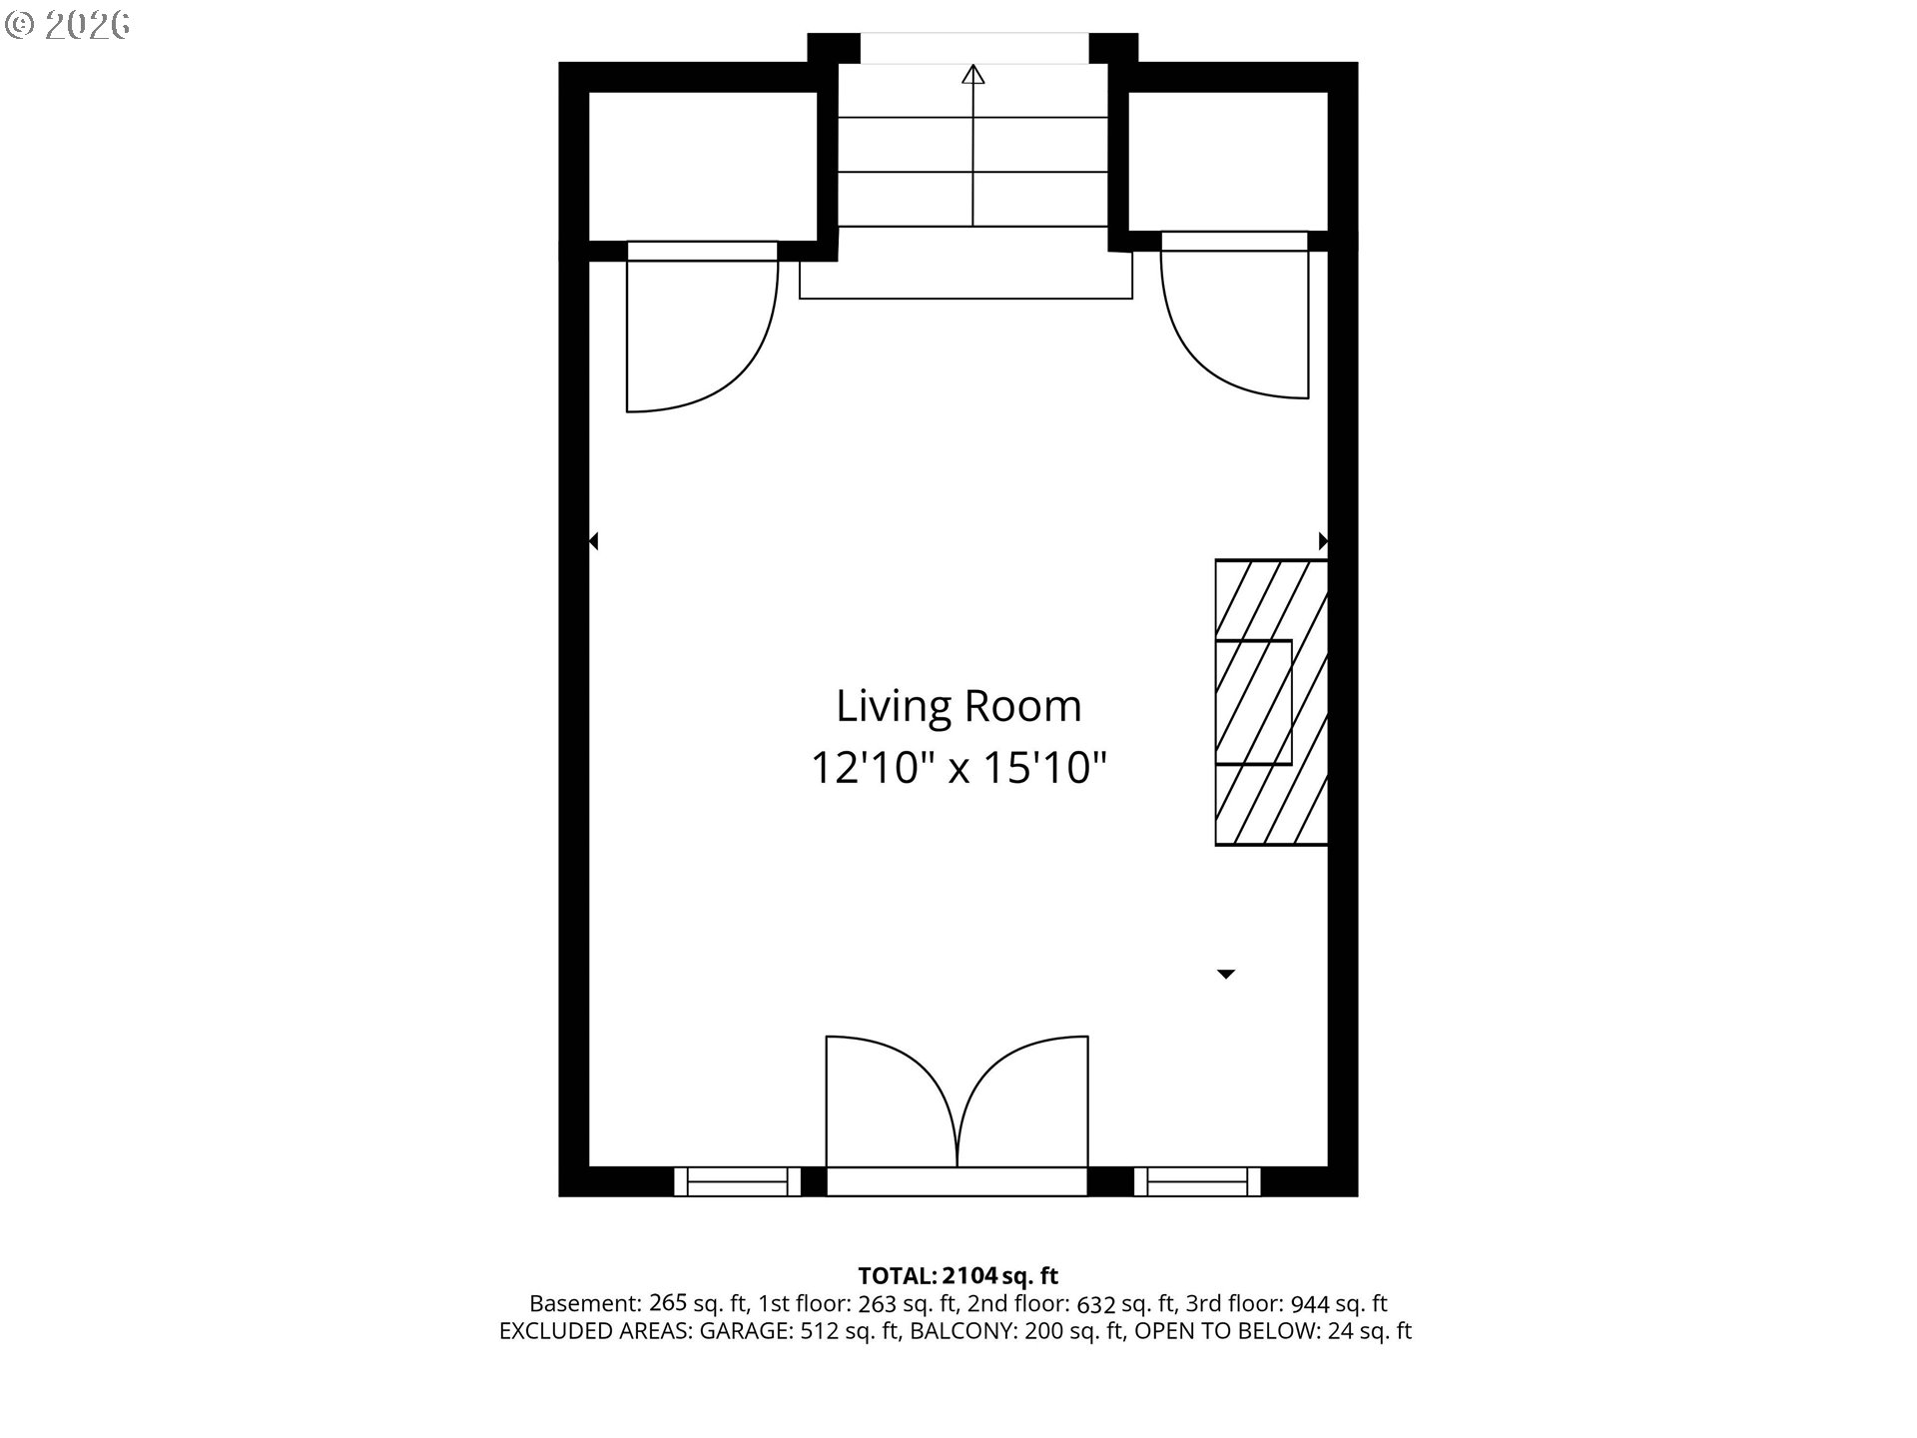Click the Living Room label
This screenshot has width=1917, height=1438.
(x=958, y=706)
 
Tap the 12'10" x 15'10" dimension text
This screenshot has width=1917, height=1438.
(x=958, y=768)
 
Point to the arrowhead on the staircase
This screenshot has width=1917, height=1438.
(x=973, y=74)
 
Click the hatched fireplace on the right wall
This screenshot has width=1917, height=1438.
(x=1271, y=702)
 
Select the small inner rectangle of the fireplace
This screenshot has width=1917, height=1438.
(x=1253, y=702)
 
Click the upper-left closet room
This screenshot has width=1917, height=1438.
(x=703, y=166)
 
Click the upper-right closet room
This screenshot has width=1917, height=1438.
(x=1228, y=161)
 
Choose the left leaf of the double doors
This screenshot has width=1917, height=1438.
(x=892, y=1101)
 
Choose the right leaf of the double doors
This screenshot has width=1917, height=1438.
(x=1022, y=1101)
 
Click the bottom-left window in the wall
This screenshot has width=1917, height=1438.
(x=738, y=1181)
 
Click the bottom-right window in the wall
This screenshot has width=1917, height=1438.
(x=1198, y=1181)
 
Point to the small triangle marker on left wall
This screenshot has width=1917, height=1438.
(x=593, y=541)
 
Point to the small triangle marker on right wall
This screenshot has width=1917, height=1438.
(x=1324, y=541)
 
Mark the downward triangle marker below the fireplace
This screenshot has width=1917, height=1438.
(x=1226, y=974)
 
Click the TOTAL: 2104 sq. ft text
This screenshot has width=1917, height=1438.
(x=958, y=1275)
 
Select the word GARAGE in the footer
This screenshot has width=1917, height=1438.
(x=744, y=1331)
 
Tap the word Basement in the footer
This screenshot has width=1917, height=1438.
(x=586, y=1303)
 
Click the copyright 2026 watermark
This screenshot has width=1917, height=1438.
(x=68, y=25)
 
